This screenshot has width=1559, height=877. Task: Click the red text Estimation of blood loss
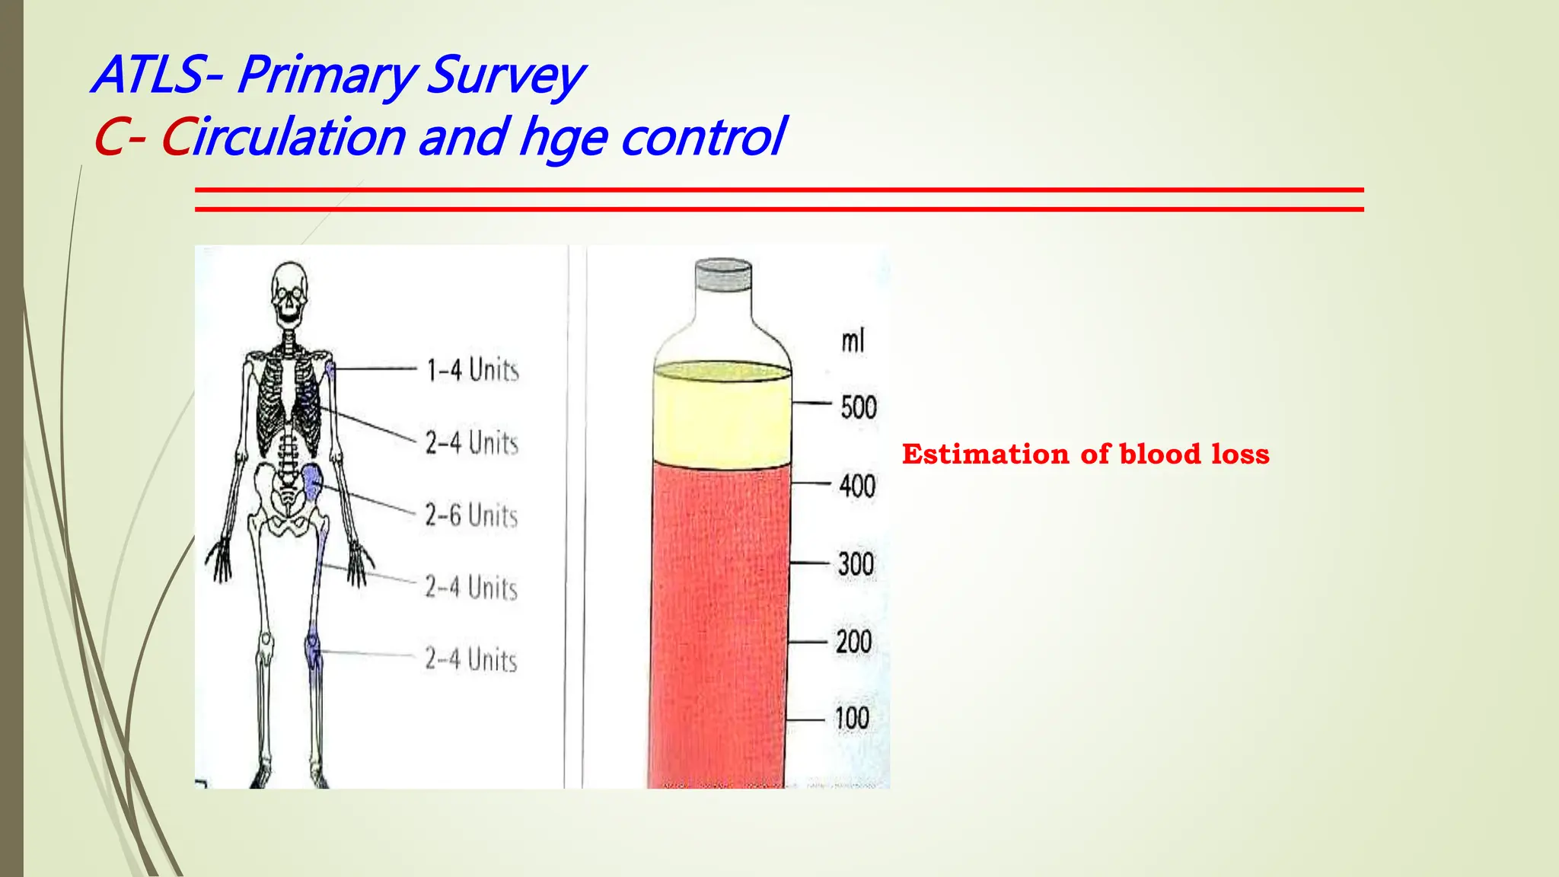coord(1086,454)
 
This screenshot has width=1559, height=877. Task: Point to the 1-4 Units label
coord(473,370)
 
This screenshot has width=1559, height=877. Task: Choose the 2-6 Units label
coord(471,515)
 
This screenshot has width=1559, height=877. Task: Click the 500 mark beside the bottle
coord(859,407)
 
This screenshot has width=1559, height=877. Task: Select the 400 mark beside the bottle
coord(857,486)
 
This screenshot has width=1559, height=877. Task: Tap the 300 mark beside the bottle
coord(856,564)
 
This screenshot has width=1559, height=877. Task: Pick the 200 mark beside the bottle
coord(853,642)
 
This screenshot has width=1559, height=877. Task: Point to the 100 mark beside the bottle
coord(852,718)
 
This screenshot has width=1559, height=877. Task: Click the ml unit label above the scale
coord(853,340)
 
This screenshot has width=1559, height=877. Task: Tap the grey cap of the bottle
coord(723,275)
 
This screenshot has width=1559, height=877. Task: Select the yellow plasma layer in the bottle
coord(722,415)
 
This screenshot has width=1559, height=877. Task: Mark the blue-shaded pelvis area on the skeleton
coord(312,483)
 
